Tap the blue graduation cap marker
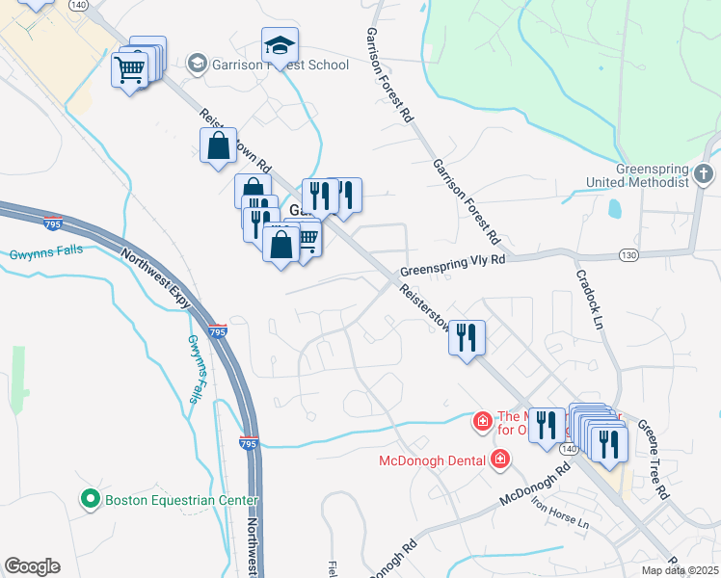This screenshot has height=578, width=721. [x=280, y=45]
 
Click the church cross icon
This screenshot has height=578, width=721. [x=705, y=174]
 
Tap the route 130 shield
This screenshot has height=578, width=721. [x=629, y=254]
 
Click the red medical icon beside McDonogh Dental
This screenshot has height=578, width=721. [x=500, y=459]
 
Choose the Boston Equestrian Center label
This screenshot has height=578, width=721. [x=182, y=500]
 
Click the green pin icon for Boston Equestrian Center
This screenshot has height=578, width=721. [x=91, y=499]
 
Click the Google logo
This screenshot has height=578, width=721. [x=32, y=566]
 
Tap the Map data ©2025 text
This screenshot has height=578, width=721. [x=680, y=570]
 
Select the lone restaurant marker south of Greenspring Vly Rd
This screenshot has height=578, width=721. [x=467, y=338]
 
